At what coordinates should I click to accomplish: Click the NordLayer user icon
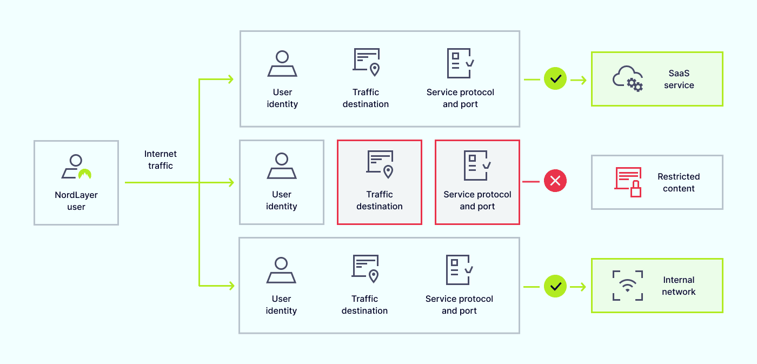point(76,167)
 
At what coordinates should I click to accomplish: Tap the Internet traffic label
point(161,160)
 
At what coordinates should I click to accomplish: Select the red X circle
point(555,181)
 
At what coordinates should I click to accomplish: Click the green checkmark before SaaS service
point(555,79)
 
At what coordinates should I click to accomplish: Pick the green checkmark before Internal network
point(555,286)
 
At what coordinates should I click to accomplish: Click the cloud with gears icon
point(627,79)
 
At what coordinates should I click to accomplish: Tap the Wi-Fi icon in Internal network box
point(628,286)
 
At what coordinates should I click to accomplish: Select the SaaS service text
point(679,80)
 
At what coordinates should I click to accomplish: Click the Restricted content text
point(679,183)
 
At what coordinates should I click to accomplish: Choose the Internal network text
point(679,286)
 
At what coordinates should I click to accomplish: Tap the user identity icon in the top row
point(282,64)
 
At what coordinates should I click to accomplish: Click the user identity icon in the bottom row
point(281,270)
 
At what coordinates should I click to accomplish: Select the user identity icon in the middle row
point(282,166)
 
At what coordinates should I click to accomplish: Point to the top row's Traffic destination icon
point(366,62)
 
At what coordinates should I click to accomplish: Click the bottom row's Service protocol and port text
point(459,305)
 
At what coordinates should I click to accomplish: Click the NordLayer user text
point(76,201)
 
